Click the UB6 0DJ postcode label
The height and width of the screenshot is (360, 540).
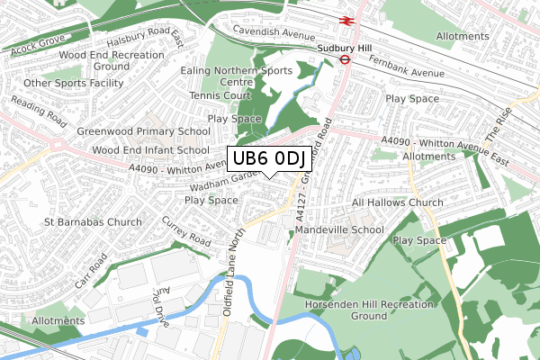[269, 159]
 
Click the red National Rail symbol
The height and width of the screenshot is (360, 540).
[345, 19]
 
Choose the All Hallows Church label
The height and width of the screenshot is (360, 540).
[398, 203]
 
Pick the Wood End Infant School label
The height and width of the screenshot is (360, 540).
[150, 150]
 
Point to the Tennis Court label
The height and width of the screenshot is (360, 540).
[220, 95]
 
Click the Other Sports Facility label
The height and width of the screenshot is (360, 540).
[74, 84]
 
